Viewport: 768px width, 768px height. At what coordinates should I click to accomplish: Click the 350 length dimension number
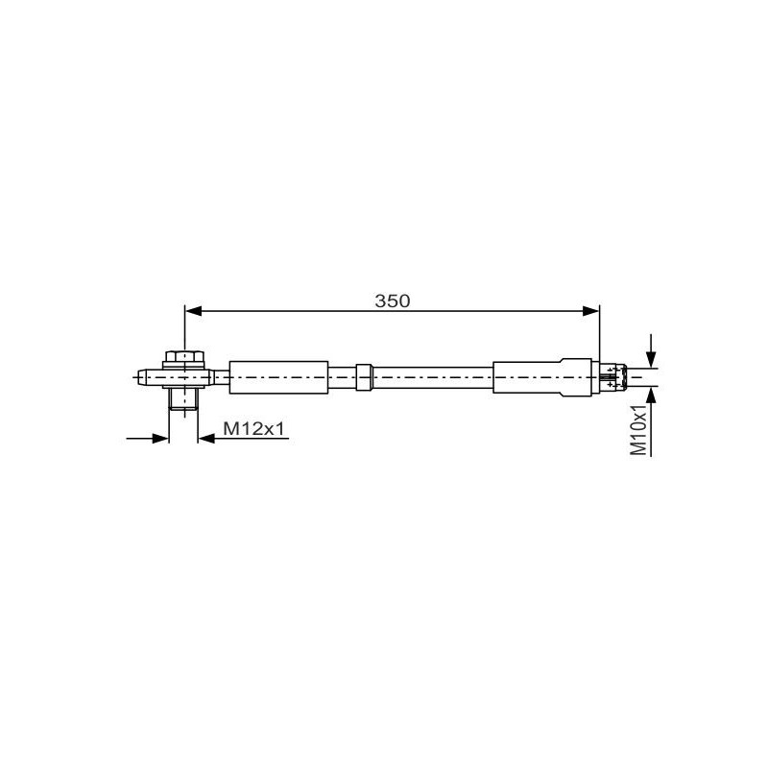point(392,300)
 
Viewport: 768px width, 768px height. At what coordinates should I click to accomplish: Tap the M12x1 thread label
point(253,429)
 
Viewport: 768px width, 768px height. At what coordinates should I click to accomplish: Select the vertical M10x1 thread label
point(637,429)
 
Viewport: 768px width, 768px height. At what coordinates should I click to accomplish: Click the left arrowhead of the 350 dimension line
point(192,310)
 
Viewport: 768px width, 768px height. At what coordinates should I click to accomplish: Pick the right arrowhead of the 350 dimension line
point(590,310)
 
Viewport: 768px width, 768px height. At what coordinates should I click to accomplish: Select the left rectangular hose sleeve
point(278,375)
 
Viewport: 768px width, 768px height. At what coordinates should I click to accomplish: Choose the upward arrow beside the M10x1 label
point(652,396)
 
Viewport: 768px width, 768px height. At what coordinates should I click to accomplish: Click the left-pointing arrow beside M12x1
point(205,439)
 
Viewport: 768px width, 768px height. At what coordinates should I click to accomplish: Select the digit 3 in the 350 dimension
point(380,300)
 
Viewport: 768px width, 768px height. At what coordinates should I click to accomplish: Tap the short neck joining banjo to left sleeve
point(220,376)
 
